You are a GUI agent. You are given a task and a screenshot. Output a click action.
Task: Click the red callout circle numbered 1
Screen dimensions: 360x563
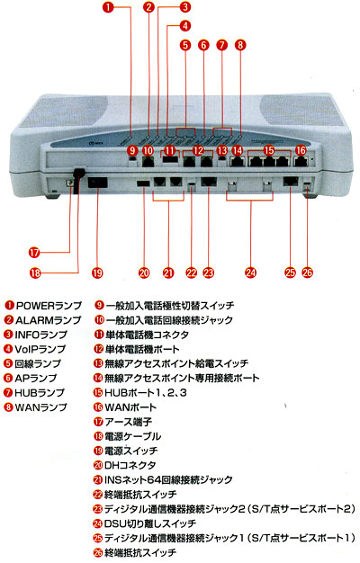click(108, 7)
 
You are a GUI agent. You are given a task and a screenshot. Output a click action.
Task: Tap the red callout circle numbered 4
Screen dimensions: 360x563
click(185, 26)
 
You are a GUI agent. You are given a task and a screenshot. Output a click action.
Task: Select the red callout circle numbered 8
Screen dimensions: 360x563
click(240, 45)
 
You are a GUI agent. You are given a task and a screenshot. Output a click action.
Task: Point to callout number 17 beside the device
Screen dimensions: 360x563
click(34, 253)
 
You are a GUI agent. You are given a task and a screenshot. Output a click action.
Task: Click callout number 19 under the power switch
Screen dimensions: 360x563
click(97, 273)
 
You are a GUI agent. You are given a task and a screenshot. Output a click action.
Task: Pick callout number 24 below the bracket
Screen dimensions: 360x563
click(251, 273)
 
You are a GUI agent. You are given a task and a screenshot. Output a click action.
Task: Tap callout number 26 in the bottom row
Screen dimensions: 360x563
click(308, 273)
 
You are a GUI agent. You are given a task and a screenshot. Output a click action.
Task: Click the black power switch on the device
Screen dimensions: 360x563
click(98, 183)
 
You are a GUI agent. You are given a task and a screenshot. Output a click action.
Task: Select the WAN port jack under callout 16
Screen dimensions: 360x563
click(301, 162)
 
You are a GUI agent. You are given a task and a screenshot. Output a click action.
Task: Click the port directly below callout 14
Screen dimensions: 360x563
click(237, 162)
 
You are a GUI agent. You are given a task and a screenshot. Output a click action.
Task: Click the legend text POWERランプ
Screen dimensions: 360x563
click(49, 306)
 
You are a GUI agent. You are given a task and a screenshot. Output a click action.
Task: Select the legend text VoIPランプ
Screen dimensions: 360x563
click(40, 349)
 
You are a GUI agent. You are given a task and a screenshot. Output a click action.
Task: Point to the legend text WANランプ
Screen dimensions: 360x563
click(40, 407)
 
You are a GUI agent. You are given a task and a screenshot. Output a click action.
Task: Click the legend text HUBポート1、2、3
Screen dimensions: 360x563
click(146, 393)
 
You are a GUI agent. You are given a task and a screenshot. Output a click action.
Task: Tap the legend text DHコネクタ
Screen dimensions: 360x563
click(130, 466)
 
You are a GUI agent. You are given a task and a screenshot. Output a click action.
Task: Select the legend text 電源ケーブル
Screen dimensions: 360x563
click(132, 436)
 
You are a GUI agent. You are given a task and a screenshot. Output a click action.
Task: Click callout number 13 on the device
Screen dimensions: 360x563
click(222, 150)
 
